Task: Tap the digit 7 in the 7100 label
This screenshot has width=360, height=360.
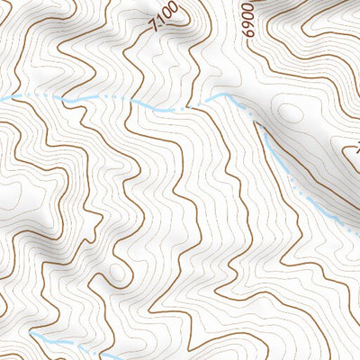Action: (x=158, y=26)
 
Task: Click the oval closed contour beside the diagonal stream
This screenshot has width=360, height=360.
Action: (x=291, y=113)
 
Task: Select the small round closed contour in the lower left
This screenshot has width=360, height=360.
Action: (x=117, y=272)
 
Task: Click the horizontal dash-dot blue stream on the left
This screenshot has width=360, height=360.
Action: (x=90, y=99)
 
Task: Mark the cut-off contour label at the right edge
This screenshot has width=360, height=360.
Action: (x=355, y=147)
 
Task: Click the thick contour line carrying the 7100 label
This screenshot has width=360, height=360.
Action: (x=144, y=54)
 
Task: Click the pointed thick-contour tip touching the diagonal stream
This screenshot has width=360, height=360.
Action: (x=260, y=125)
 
